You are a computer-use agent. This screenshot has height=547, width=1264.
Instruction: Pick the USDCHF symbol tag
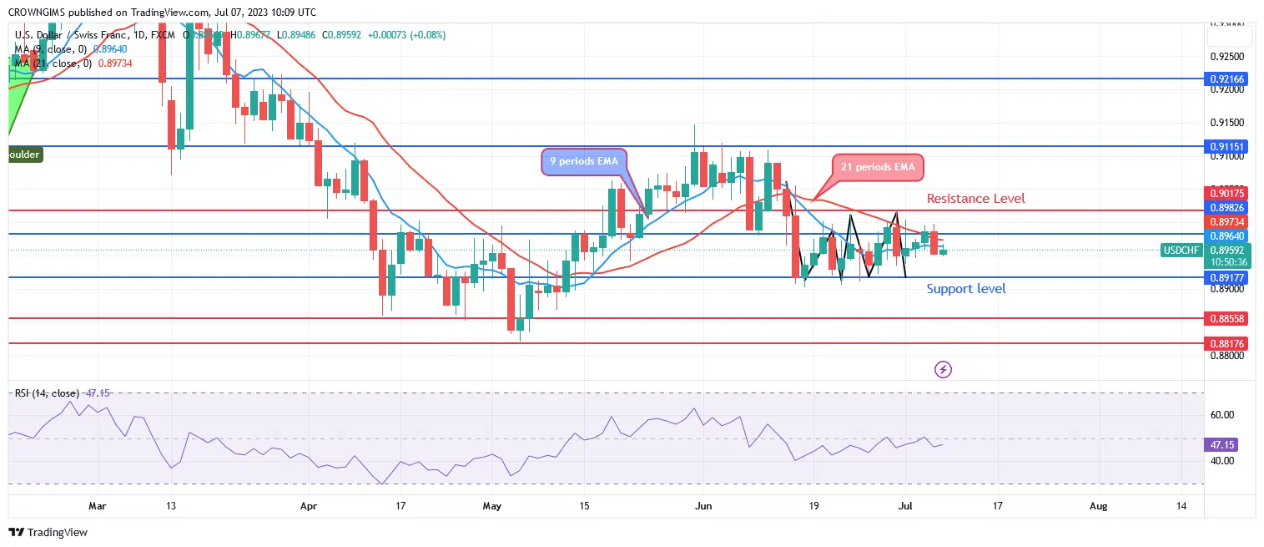click(1181, 250)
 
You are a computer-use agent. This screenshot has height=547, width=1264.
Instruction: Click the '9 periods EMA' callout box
click(585, 160)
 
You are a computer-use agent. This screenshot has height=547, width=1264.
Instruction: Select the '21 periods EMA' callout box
click(879, 167)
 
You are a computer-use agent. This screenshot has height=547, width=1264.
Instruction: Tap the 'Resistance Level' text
click(975, 199)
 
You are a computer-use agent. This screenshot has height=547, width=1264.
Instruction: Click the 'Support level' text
click(966, 289)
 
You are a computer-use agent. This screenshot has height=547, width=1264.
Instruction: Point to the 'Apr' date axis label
click(309, 505)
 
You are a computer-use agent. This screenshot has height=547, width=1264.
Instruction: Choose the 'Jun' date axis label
click(703, 505)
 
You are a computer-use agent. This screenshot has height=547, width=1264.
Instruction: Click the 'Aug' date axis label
click(1099, 505)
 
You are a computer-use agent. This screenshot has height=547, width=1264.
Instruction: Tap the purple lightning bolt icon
click(944, 369)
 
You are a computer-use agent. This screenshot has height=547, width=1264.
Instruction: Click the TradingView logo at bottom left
click(48, 532)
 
